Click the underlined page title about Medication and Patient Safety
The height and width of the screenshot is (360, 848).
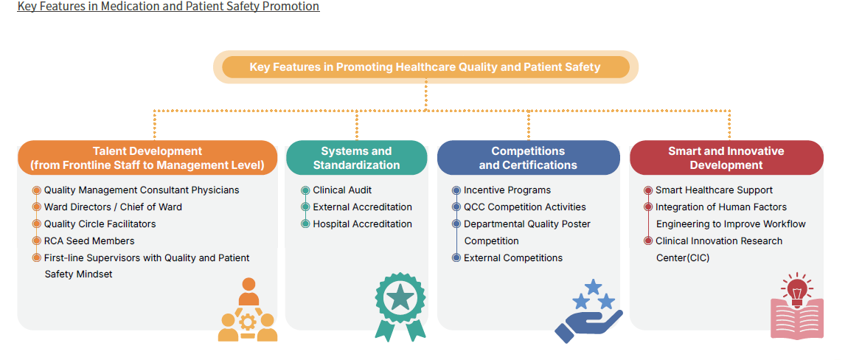click(168, 7)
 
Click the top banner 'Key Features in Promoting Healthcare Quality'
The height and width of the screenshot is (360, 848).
click(425, 67)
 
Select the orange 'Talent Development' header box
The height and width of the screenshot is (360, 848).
click(147, 158)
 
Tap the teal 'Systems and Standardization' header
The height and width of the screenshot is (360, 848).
click(356, 158)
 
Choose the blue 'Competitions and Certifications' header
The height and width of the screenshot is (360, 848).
click(528, 158)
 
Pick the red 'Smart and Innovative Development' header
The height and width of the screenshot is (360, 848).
click(726, 158)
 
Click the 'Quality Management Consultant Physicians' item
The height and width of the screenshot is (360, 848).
click(142, 190)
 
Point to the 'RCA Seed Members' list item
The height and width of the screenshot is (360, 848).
click(89, 241)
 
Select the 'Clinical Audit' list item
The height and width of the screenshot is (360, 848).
click(342, 190)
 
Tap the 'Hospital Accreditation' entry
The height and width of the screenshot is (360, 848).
click(362, 224)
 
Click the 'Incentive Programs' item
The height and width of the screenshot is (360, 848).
click(507, 190)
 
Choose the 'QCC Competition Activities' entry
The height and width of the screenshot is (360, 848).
click(524, 207)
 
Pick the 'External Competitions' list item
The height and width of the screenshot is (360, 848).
click(512, 258)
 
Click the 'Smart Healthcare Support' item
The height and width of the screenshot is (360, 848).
click(714, 190)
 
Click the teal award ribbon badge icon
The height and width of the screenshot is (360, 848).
click(400, 305)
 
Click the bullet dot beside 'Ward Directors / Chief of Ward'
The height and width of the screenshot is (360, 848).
click(37, 207)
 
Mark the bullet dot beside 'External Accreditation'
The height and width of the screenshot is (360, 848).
click(305, 207)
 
